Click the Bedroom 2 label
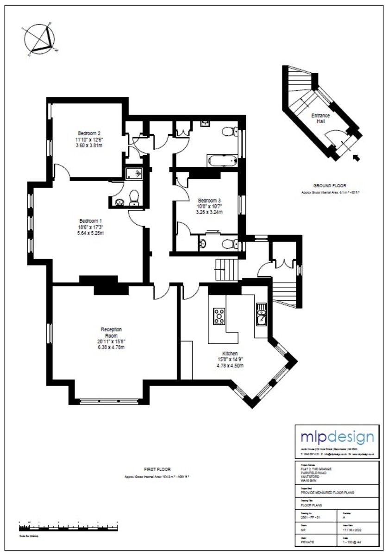click(x=89, y=133)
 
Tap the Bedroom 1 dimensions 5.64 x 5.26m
click(x=91, y=233)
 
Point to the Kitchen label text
click(x=230, y=354)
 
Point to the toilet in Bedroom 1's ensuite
click(x=134, y=198)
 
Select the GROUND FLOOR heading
click(x=330, y=185)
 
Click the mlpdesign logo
click(x=337, y=436)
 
